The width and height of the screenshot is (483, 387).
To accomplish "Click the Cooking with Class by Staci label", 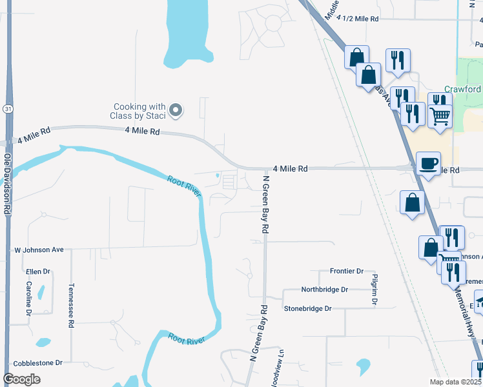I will coord(140,111).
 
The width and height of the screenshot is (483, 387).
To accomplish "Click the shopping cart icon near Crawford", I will coord(440,117).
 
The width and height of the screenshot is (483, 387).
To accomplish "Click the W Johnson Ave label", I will coord(39,250).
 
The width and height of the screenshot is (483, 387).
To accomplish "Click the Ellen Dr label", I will coord(38,272).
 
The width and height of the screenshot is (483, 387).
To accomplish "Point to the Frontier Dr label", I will coord(347,272).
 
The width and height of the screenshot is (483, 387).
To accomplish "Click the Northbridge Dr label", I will coord(325,290).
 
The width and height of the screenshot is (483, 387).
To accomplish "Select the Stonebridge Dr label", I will coord(307,309).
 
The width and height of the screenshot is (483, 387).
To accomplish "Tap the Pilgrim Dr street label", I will coord(375,288).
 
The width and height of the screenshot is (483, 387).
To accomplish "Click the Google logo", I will coord(21,379).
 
